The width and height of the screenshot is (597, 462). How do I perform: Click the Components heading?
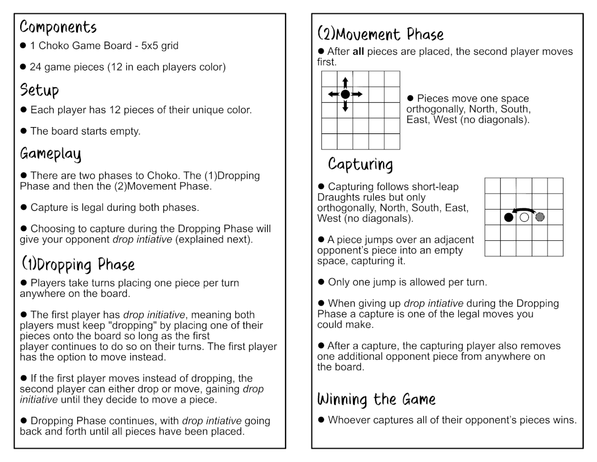click(58, 27)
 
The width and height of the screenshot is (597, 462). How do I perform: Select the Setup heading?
click(39, 90)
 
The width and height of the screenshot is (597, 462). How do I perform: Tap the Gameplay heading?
click(50, 154)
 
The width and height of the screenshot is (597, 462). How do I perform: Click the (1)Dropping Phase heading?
click(78, 264)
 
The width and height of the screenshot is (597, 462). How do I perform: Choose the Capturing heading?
click(361, 165)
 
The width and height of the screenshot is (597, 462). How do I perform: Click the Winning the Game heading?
click(376, 399)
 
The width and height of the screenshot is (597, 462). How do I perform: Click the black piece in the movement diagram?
click(345, 94)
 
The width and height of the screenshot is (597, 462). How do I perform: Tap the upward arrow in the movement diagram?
click(345, 82)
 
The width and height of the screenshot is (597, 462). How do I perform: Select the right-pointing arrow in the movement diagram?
click(358, 94)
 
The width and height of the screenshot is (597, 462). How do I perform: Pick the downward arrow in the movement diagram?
click(345, 106)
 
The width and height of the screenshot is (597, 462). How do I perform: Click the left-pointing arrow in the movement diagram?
click(333, 94)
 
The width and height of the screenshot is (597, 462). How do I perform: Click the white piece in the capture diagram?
click(524, 218)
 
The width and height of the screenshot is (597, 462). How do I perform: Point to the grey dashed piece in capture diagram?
click(540, 218)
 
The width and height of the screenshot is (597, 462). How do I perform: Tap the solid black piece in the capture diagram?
click(508, 218)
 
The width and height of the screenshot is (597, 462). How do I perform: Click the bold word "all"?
click(358, 51)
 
